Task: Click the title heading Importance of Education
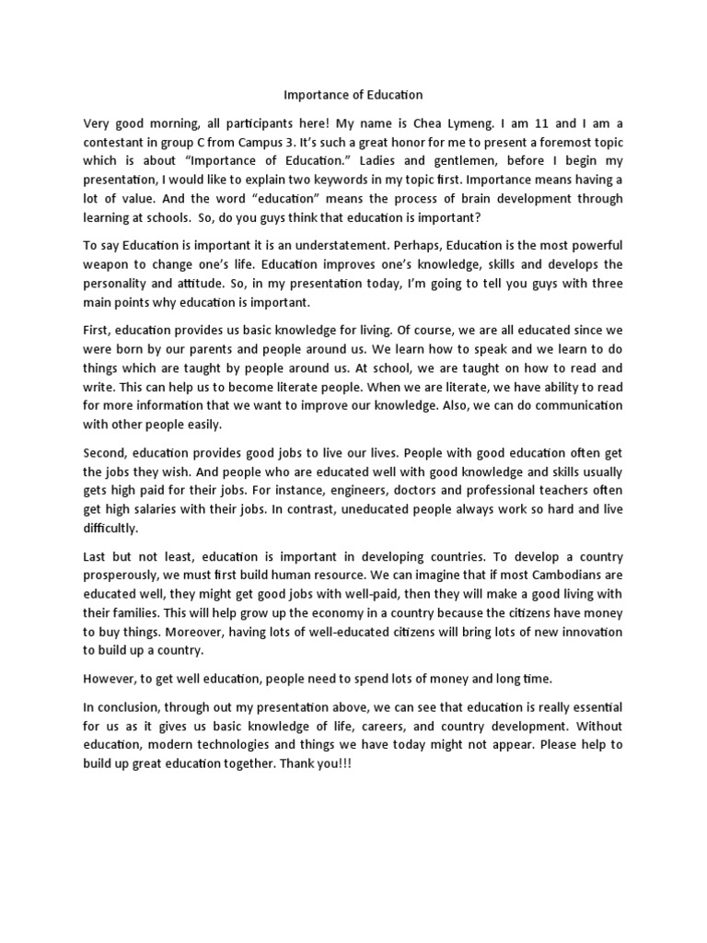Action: click(353, 95)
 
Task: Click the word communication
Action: click(572, 406)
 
